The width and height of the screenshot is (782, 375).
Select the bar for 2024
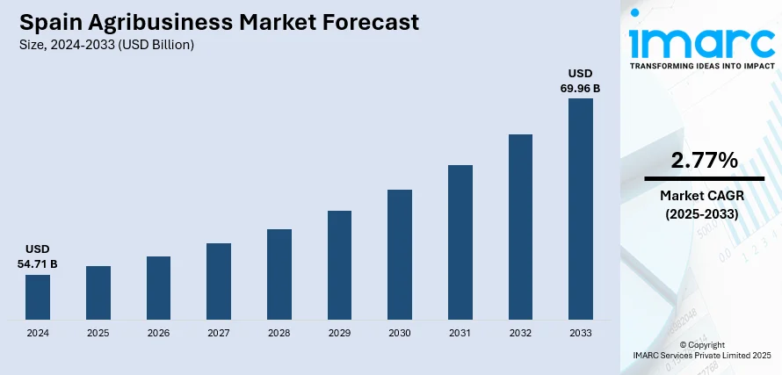click(x=38, y=297)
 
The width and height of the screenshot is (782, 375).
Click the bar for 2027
click(x=219, y=281)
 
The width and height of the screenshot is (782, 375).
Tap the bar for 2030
click(x=400, y=254)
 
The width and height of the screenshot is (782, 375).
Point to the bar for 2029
click(x=340, y=264)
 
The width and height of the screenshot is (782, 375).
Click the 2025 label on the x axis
click(x=98, y=334)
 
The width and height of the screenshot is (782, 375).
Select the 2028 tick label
click(x=279, y=334)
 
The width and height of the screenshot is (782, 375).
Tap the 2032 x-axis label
click(x=520, y=334)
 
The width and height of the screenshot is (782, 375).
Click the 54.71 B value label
click(x=38, y=263)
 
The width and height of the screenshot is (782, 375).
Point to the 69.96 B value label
click(x=581, y=88)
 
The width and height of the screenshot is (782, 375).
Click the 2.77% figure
click(x=704, y=160)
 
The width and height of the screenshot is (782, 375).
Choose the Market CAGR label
click(x=701, y=196)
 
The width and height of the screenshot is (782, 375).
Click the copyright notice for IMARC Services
click(x=701, y=355)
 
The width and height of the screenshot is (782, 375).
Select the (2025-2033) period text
click(x=701, y=213)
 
